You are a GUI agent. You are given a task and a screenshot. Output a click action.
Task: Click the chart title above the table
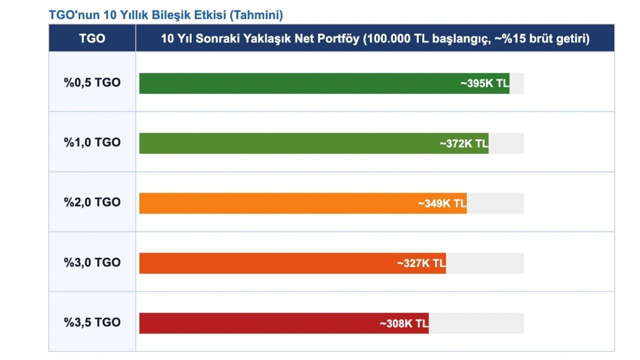(x=165, y=15)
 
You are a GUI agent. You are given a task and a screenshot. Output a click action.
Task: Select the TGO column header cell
(x=92, y=38)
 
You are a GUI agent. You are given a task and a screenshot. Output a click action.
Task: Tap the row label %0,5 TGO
(x=92, y=82)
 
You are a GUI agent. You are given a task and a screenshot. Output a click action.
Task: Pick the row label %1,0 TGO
(x=92, y=142)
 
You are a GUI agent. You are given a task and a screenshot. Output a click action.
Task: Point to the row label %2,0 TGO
(x=92, y=202)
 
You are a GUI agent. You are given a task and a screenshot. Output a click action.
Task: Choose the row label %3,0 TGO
(x=92, y=262)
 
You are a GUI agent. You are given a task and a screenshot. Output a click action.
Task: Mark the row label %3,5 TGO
(x=92, y=322)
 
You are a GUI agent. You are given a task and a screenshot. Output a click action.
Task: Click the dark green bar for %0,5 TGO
(x=300, y=83)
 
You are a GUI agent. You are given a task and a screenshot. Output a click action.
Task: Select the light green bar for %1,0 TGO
(x=290, y=143)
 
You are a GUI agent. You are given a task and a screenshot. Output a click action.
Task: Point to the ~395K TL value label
(x=484, y=83)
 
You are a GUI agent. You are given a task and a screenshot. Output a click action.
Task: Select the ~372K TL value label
(x=463, y=143)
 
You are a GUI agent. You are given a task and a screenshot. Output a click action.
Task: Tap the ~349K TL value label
(x=442, y=203)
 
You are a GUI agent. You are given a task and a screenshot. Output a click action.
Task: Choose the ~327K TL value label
(x=421, y=263)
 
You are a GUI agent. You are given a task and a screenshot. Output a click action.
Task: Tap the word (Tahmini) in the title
(x=256, y=15)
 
